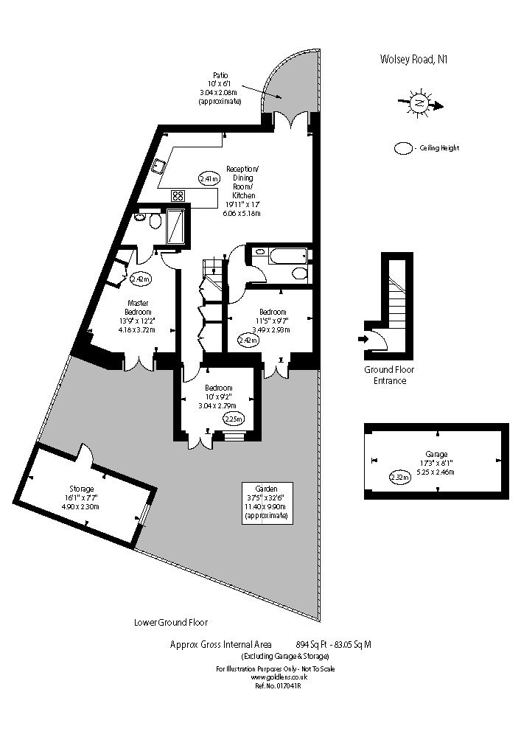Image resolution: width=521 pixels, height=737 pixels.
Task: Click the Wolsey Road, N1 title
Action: point(413,59)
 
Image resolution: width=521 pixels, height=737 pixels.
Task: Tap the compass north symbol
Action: point(419,105)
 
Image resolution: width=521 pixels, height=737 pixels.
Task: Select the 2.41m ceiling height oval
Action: point(209,178)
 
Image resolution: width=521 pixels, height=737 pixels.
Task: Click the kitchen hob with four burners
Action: point(178,195)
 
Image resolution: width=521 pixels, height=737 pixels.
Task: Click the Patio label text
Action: point(220,75)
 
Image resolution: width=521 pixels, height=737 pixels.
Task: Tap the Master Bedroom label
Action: point(139,307)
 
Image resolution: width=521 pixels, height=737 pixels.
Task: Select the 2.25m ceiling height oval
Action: point(234,419)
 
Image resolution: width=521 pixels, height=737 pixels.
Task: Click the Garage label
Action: point(436,454)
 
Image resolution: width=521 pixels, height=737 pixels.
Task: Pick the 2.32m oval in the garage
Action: point(399,478)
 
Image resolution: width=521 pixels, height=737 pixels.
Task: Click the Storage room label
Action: point(82,489)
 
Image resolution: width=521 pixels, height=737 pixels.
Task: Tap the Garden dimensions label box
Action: point(268,502)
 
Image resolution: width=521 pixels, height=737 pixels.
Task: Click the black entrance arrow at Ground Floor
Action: point(362,339)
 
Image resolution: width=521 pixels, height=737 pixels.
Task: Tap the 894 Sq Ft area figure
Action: point(312,644)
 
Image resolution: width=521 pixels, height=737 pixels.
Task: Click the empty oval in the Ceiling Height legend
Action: point(404,148)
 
